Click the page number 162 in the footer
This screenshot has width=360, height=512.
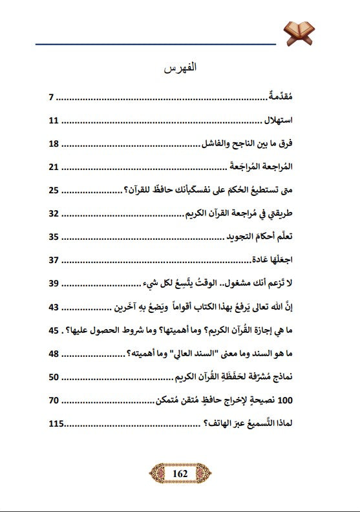pyautogui.click(x=180, y=474)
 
